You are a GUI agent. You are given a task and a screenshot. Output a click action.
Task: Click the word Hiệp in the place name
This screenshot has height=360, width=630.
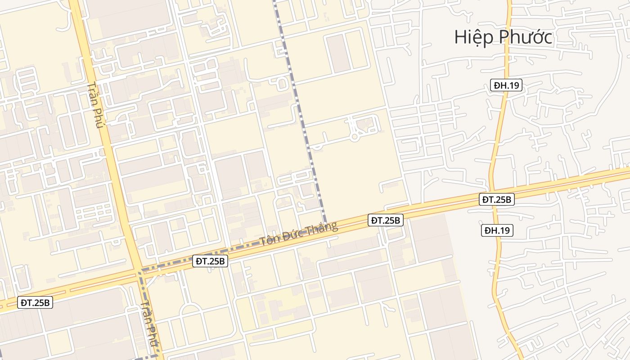tap(472, 37)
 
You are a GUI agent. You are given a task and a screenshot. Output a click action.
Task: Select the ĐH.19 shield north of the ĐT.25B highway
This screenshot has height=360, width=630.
tap(506, 85)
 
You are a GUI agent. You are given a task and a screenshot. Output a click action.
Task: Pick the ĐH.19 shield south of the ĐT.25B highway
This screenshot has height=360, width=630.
tap(497, 230)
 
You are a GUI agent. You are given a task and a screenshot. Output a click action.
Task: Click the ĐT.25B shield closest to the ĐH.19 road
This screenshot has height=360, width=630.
tap(496, 199)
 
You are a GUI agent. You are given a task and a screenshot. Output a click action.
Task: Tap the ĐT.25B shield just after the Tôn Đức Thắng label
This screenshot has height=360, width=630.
tap(386, 220)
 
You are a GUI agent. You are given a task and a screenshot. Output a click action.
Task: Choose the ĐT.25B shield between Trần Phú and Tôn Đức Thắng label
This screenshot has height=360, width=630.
tap(210, 261)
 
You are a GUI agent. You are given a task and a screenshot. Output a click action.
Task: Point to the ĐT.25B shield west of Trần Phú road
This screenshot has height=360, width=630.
tap(36, 303)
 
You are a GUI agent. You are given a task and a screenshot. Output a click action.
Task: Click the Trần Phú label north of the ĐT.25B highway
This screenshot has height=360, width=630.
tap(96, 105)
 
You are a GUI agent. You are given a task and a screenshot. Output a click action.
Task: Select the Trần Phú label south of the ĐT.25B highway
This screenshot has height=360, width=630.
tap(148, 324)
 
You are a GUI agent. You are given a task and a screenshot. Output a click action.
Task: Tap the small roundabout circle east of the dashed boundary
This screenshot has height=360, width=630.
tap(355, 136)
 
